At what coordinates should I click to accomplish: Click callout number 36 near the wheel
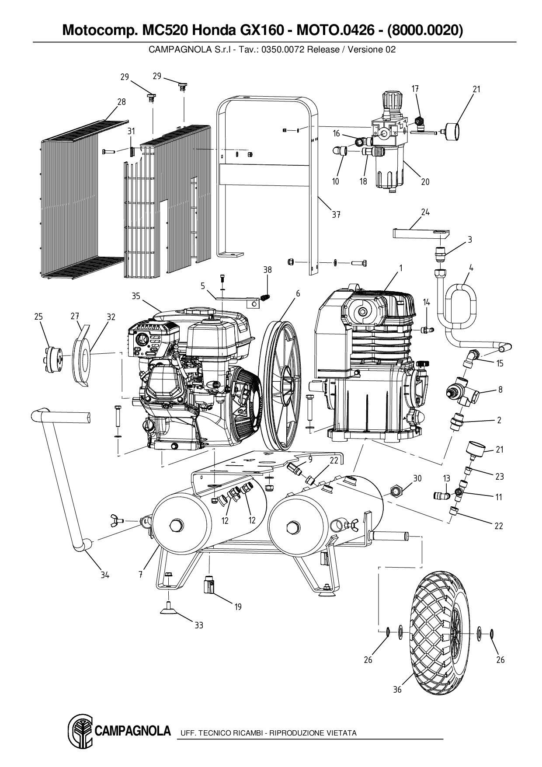click(397, 690)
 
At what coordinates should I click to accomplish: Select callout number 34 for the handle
click(104, 575)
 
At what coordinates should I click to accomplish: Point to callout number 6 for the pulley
click(298, 294)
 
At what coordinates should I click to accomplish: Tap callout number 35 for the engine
click(136, 296)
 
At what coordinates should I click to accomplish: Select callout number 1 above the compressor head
click(400, 268)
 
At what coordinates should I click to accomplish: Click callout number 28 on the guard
click(122, 102)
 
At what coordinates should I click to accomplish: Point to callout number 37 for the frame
click(336, 215)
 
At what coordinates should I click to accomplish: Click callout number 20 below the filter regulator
click(425, 182)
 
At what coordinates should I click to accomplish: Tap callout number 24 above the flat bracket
click(425, 212)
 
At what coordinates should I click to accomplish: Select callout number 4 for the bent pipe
click(471, 268)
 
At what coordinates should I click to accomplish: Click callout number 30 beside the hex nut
click(417, 478)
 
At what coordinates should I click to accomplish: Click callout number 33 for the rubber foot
click(199, 625)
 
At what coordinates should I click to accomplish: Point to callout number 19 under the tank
click(238, 607)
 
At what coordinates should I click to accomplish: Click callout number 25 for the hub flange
click(38, 317)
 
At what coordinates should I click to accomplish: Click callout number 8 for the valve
click(500, 390)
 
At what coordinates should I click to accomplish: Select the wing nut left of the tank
click(115, 520)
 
